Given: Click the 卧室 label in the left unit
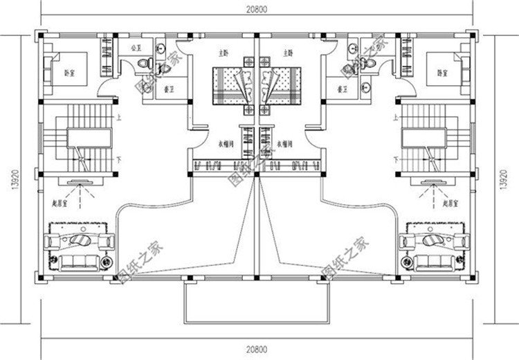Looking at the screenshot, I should (70, 72).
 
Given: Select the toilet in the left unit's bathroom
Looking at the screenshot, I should (143, 63).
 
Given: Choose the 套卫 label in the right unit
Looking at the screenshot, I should (340, 89).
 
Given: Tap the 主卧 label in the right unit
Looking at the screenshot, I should (288, 53).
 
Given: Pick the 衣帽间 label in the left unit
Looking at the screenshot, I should (224, 143).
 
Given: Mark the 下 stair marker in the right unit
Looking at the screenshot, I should (395, 160).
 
